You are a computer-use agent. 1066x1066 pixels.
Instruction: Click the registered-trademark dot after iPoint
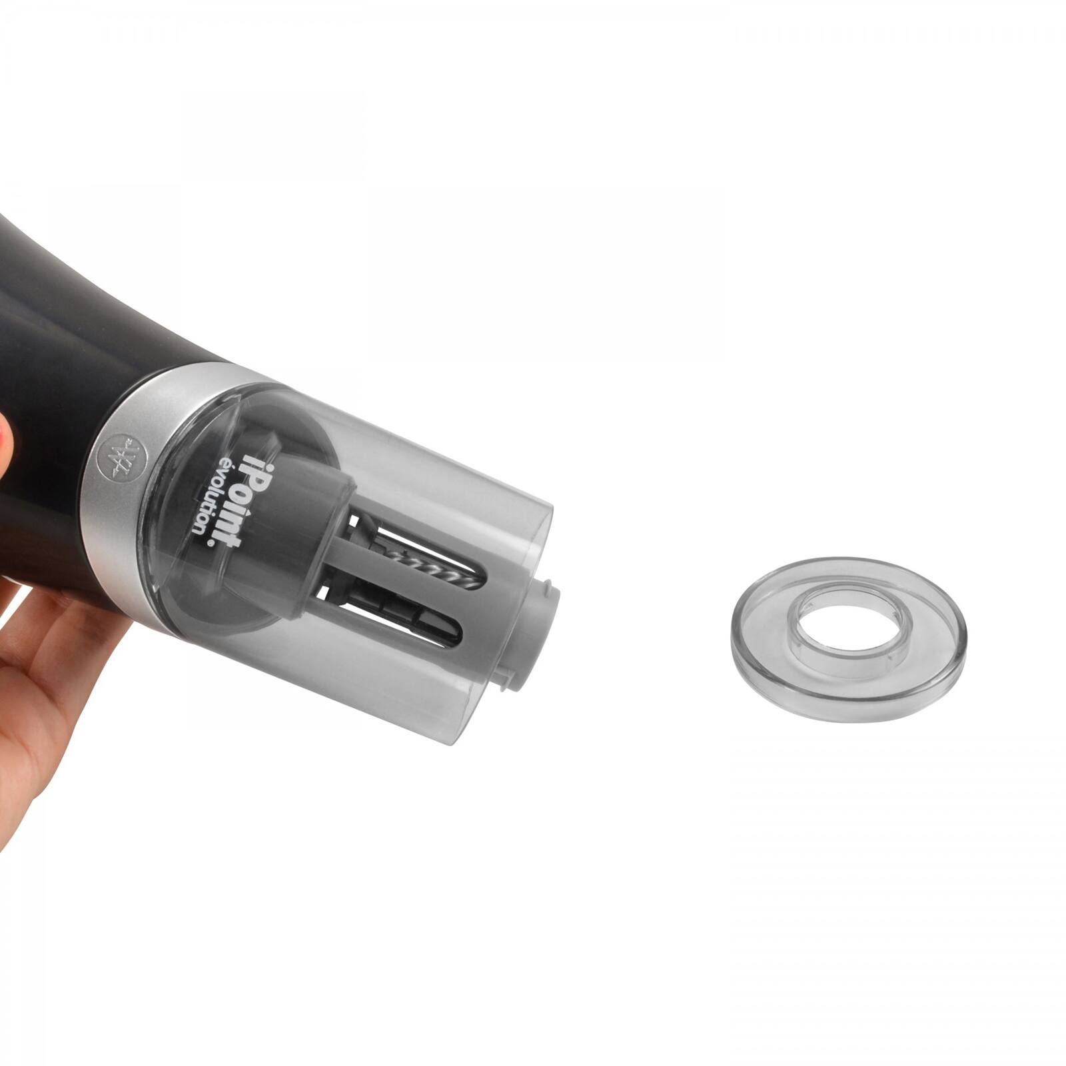point(211,543)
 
